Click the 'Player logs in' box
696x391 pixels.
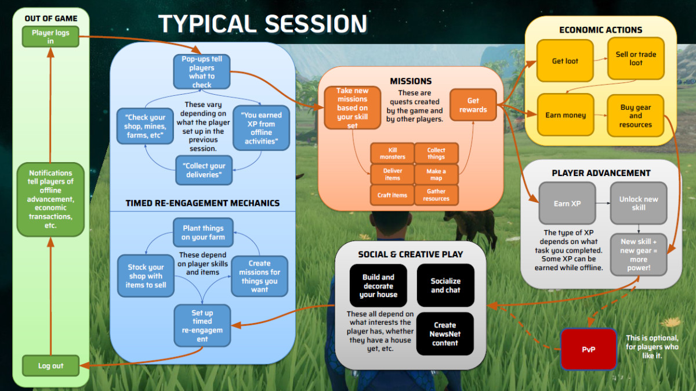[x=50, y=37]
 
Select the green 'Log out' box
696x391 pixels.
[x=50, y=366]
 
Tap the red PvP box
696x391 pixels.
[x=589, y=349]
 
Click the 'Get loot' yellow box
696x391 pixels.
[x=565, y=61]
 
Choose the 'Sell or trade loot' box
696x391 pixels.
[x=636, y=59]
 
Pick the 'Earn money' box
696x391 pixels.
[x=565, y=115]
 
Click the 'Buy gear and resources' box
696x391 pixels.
[x=636, y=116]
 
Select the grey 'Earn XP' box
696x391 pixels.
[x=567, y=203]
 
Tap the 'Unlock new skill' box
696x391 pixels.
[x=638, y=203]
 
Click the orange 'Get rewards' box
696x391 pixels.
[x=473, y=105]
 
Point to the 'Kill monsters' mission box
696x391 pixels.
[x=392, y=153]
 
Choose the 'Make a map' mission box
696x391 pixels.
[x=436, y=174]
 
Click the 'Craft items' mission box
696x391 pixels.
[x=392, y=195]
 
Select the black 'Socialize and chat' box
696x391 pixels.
[x=445, y=285]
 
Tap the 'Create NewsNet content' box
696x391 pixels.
[x=445, y=334]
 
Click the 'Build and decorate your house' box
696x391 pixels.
[x=378, y=286]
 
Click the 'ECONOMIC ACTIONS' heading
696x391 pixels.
[x=600, y=30]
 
